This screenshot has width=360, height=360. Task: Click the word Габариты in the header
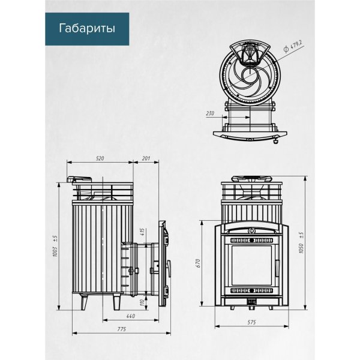tap(86, 28)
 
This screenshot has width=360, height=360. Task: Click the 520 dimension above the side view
tap(100, 158)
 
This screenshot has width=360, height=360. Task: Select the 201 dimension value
tap(146, 158)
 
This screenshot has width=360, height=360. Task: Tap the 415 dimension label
tap(142, 232)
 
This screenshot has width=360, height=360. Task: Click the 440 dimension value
tap(130, 316)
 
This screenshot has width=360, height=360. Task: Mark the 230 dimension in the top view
tap(210, 112)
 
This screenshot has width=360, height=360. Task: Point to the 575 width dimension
tap(251, 323)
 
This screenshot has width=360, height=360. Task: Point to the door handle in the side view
tap(169, 266)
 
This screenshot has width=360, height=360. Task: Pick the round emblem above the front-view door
tap(252, 229)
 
